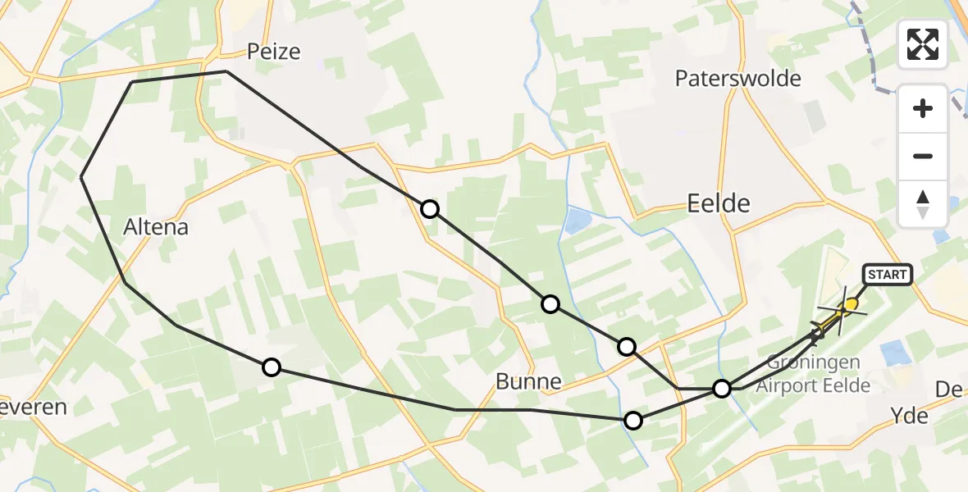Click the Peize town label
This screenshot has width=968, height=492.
pos(274,52)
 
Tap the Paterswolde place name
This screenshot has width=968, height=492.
pos(737,79)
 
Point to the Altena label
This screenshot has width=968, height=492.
pos(155,226)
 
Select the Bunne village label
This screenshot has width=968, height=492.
pos(528,381)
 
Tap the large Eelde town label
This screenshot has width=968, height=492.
pos(719,203)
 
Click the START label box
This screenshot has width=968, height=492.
pos(886,275)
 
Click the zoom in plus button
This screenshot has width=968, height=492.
pos(923,108)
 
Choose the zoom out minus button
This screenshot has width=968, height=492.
pos(923,156)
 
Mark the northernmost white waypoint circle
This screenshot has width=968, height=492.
pos(430,209)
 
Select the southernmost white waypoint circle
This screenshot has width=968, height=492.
pos(633,421)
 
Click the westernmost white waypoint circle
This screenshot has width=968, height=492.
pos(271,367)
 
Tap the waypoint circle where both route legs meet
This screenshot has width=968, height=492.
pos(722,388)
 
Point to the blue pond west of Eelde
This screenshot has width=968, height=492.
pos(577,220)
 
